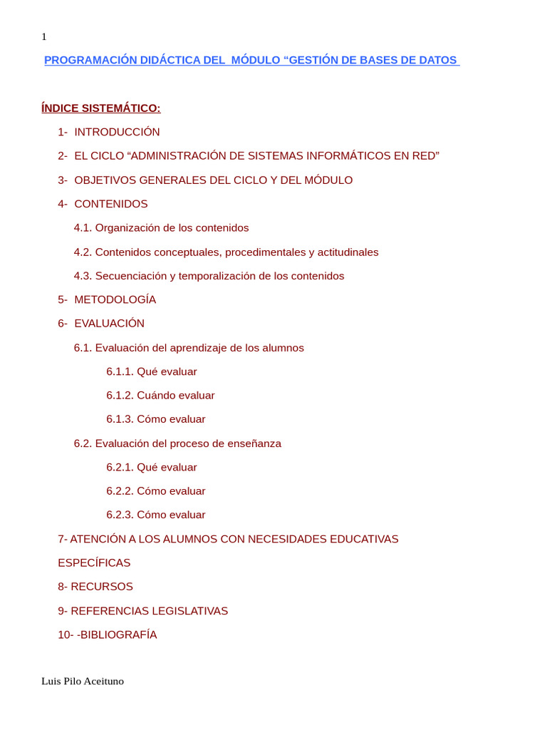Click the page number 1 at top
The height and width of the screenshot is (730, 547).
click(44, 37)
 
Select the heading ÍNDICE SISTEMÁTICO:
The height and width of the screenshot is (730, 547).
click(101, 108)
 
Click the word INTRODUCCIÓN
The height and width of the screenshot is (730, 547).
click(117, 132)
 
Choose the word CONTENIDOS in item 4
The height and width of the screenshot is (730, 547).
click(111, 204)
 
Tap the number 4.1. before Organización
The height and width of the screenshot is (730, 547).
click(83, 228)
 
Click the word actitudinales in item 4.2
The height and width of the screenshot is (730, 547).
click(348, 252)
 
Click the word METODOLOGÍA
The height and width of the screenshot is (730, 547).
click(115, 299)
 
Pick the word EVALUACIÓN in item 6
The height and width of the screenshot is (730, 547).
click(109, 324)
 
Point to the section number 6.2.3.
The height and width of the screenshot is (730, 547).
click(120, 515)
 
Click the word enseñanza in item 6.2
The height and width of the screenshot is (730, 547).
click(254, 443)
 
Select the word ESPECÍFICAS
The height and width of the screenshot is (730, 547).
click(94, 563)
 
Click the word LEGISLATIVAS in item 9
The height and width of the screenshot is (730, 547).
click(188, 611)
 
